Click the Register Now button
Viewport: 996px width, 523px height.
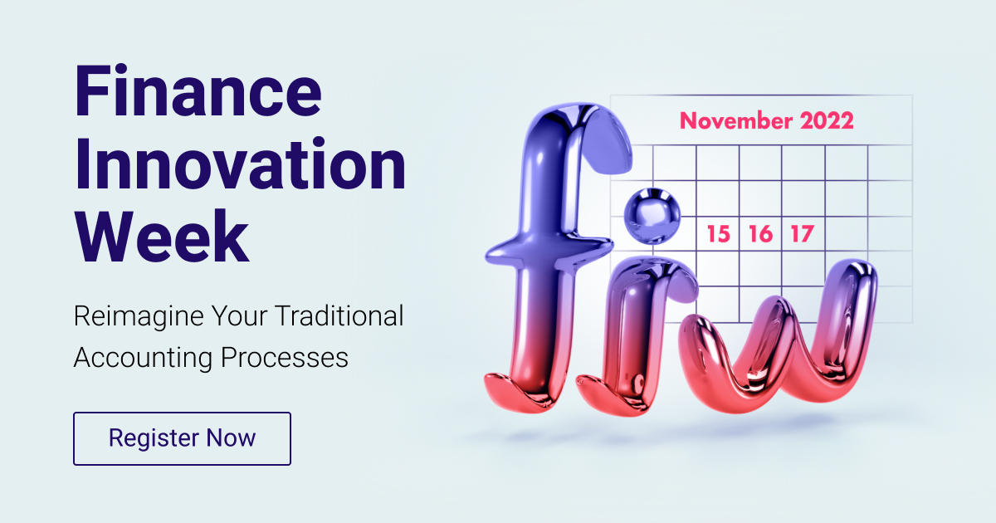click(x=183, y=438)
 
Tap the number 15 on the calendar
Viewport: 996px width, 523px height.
click(x=718, y=234)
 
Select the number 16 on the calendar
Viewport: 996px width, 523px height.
click(x=759, y=234)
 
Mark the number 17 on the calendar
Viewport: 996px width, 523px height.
click(x=801, y=234)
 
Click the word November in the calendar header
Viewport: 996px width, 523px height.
click(x=735, y=120)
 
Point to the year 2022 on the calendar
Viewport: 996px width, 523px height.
click(x=827, y=120)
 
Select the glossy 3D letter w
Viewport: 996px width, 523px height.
click(x=776, y=340)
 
